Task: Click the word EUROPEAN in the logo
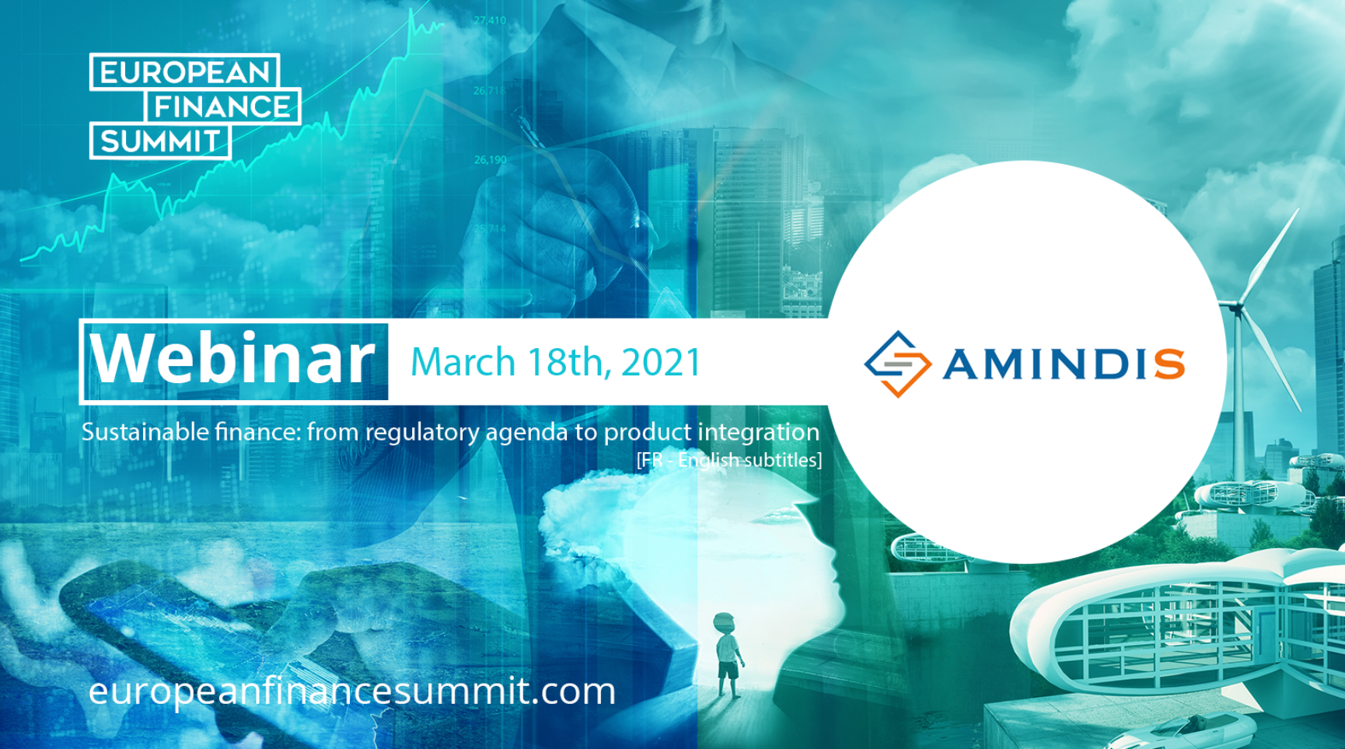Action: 185,72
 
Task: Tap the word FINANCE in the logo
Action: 222,106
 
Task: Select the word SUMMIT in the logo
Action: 160,141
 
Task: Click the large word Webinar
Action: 233,361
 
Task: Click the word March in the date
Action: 463,363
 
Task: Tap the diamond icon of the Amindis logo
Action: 897,364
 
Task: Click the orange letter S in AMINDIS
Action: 1169,364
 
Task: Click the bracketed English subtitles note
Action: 728,460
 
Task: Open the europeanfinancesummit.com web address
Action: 352,691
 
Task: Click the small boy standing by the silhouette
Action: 728,653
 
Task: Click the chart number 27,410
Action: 489,20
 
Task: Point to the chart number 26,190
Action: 490,160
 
